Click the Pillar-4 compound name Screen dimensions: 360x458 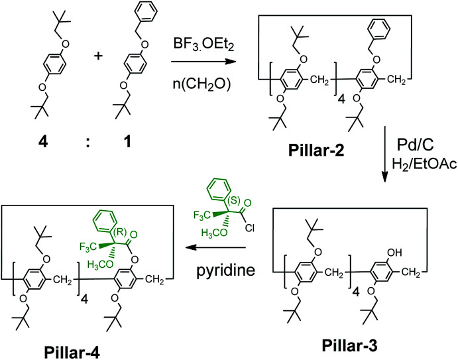click(52, 349)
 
